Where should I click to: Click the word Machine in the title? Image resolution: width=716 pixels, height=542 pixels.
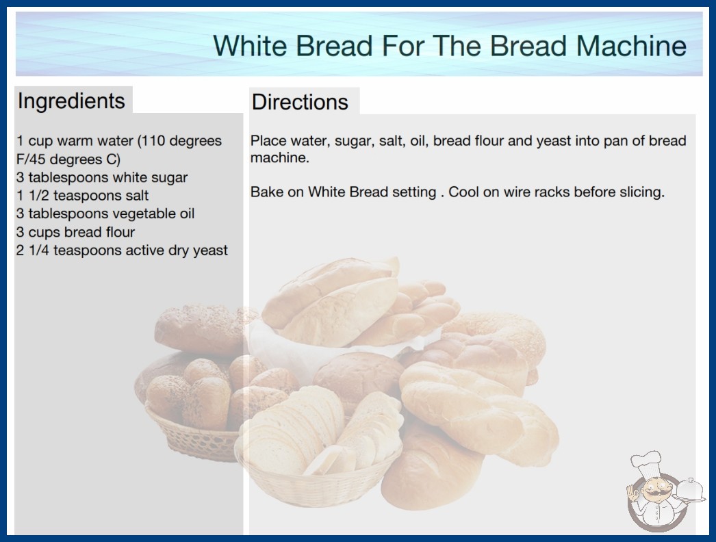tap(631, 46)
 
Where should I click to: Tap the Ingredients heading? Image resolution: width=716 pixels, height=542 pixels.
tap(71, 101)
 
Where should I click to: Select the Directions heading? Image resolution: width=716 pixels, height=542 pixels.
tap(300, 102)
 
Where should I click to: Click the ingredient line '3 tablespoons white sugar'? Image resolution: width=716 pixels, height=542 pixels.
tap(102, 177)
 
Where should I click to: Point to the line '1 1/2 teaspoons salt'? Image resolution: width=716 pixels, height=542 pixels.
tap(82, 196)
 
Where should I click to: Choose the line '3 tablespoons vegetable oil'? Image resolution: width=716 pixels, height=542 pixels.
tap(105, 214)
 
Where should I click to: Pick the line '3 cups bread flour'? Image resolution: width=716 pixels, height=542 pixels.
tap(75, 232)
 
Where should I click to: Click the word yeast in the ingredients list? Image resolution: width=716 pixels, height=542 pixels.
tap(210, 250)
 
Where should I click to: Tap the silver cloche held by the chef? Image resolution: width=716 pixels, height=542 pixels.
tap(689, 490)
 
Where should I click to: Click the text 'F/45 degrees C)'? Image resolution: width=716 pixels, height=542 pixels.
tap(68, 159)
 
